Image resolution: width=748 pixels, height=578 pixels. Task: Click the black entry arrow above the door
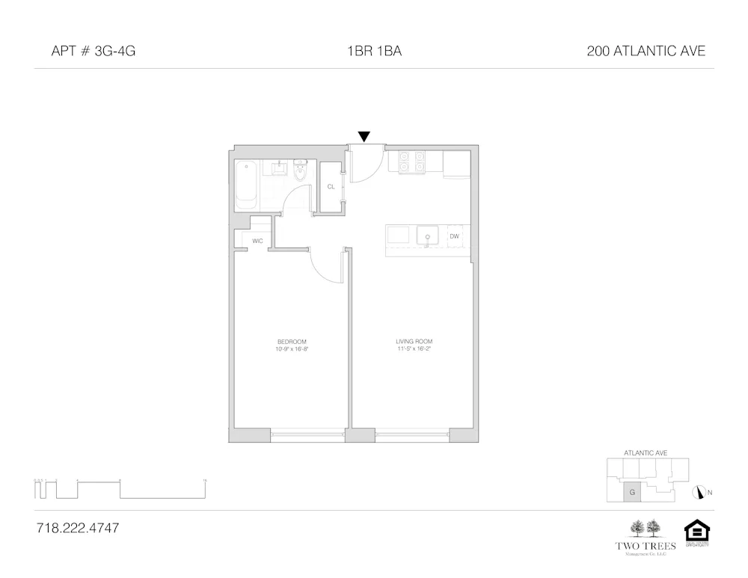click(x=364, y=136)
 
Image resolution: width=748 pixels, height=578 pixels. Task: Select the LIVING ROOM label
click(x=414, y=342)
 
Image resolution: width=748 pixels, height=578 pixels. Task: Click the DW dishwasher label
click(x=454, y=236)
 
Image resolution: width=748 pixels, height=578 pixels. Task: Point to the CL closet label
click(x=331, y=187)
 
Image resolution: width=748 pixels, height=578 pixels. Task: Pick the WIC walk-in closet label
click(x=257, y=241)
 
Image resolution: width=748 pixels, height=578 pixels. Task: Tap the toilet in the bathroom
click(x=301, y=171)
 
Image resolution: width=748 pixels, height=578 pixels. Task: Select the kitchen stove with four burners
click(x=411, y=162)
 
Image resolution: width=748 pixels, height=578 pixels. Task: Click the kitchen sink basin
click(x=427, y=236)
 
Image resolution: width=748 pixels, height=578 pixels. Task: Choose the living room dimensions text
click(x=414, y=349)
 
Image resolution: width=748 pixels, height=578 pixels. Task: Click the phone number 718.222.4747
click(x=78, y=528)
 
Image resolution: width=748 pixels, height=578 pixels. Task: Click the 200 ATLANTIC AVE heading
click(x=646, y=52)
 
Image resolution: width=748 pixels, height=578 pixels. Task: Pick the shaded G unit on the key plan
click(x=632, y=493)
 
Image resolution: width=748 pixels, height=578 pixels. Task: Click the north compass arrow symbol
click(x=700, y=492)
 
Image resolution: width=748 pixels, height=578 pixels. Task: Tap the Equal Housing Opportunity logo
click(x=696, y=532)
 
